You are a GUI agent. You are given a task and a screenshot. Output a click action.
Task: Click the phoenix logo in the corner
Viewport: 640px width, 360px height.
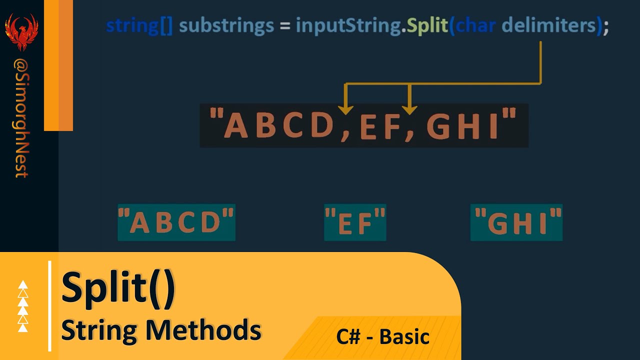pyautogui.click(x=21, y=31)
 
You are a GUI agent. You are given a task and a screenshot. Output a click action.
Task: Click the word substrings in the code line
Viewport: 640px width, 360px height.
pyautogui.click(x=226, y=25)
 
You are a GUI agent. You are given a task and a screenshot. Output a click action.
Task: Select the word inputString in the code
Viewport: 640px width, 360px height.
pyautogui.click(x=348, y=25)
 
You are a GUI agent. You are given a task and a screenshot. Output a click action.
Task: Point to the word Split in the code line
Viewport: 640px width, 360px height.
pyautogui.click(x=426, y=25)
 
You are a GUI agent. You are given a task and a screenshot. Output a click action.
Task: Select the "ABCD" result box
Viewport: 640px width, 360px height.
pyautogui.click(x=176, y=222)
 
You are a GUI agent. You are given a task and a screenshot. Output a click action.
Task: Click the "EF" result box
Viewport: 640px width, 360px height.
pyautogui.click(x=355, y=222)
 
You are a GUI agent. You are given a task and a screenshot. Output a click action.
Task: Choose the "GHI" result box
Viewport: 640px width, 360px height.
pyautogui.click(x=516, y=222)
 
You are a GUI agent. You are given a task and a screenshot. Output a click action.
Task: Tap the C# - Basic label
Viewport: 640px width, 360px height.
pyautogui.click(x=382, y=336)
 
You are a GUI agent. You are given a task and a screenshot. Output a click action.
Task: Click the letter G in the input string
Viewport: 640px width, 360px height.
pyautogui.click(x=439, y=126)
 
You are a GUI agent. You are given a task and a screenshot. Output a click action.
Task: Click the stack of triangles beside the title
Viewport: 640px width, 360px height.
pyautogui.click(x=23, y=306)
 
